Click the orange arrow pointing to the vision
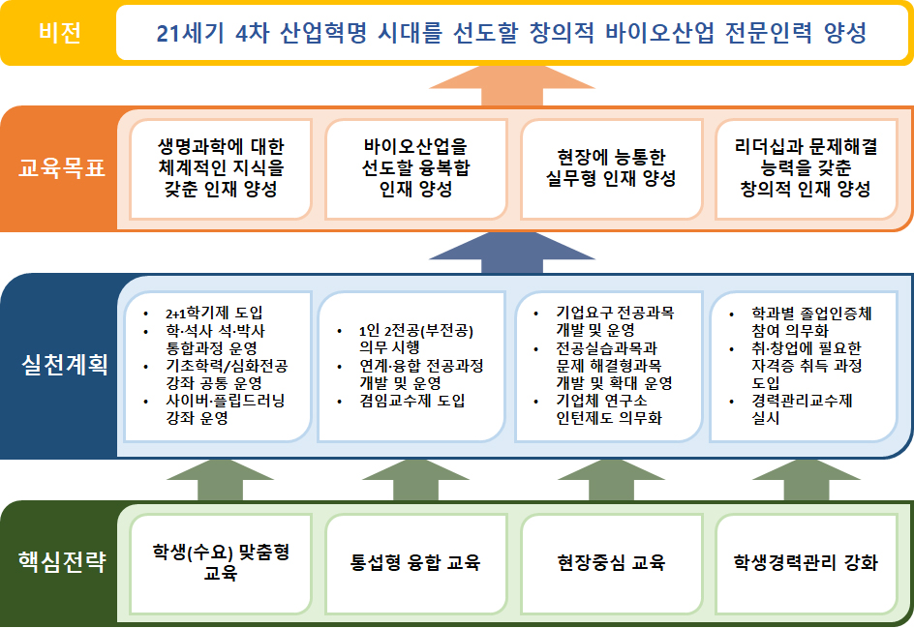[510, 87]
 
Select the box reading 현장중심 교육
[611, 562]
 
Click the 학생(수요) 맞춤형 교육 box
[220, 562]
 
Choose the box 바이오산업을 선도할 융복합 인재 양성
[415, 168]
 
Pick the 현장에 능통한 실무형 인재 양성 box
[611, 168]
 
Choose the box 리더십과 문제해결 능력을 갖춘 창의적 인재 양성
[807, 168]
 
